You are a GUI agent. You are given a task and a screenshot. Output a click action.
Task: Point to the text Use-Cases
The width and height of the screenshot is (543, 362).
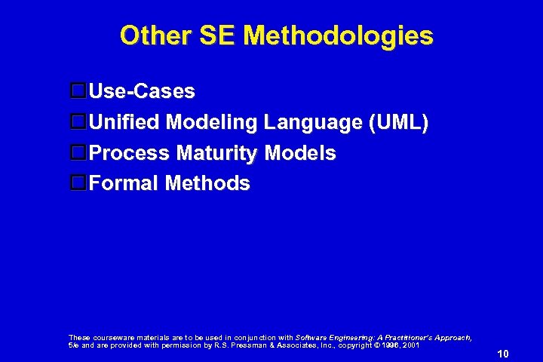[142, 92]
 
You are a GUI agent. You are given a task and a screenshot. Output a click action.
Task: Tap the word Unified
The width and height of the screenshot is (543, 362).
[124, 122]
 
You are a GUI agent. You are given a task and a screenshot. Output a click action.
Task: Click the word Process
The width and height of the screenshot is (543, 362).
[129, 153]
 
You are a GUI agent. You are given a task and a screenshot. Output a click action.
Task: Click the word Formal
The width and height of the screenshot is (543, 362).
[123, 183]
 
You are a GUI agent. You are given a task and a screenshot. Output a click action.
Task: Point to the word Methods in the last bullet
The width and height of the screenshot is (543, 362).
[207, 183]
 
